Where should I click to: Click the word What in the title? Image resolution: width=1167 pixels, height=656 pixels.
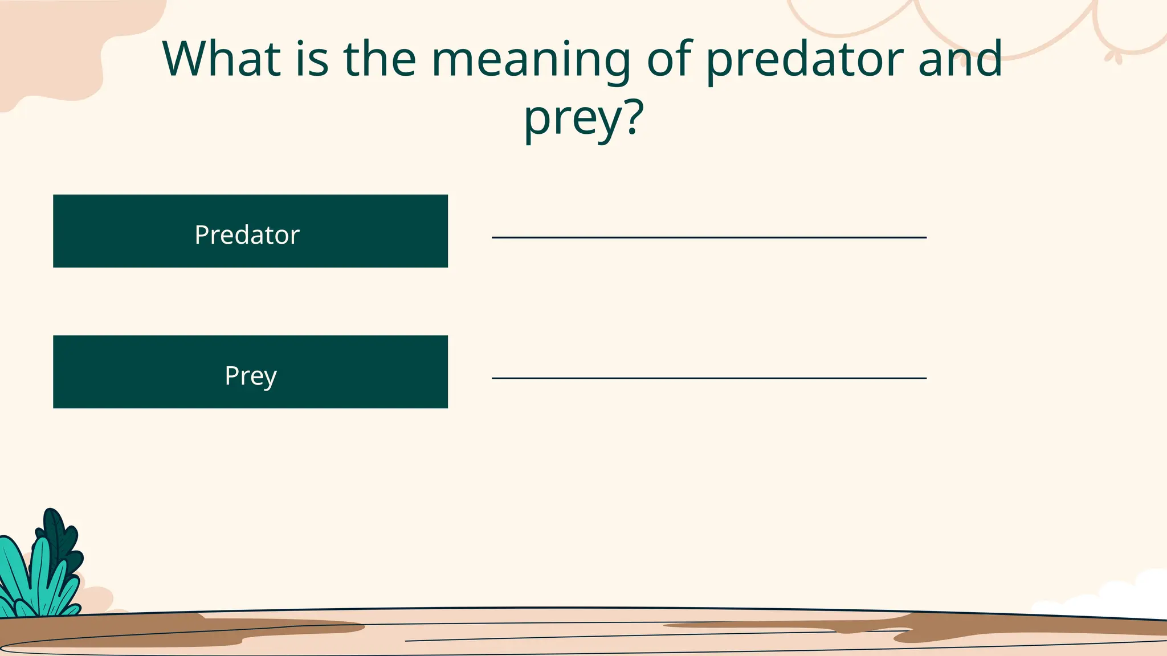[x=222, y=59]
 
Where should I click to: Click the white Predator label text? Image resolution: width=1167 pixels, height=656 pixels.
[x=247, y=235]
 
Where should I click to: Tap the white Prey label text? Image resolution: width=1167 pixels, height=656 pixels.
[x=251, y=376]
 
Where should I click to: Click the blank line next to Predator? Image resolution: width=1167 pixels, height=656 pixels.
[x=709, y=237]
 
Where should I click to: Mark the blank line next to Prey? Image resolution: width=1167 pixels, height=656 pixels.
[x=709, y=378]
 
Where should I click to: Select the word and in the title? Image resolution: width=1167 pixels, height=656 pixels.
[x=960, y=59]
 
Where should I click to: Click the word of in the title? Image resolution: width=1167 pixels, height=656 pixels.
[x=668, y=59]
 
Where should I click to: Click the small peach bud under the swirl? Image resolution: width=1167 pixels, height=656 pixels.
[x=1114, y=56]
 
